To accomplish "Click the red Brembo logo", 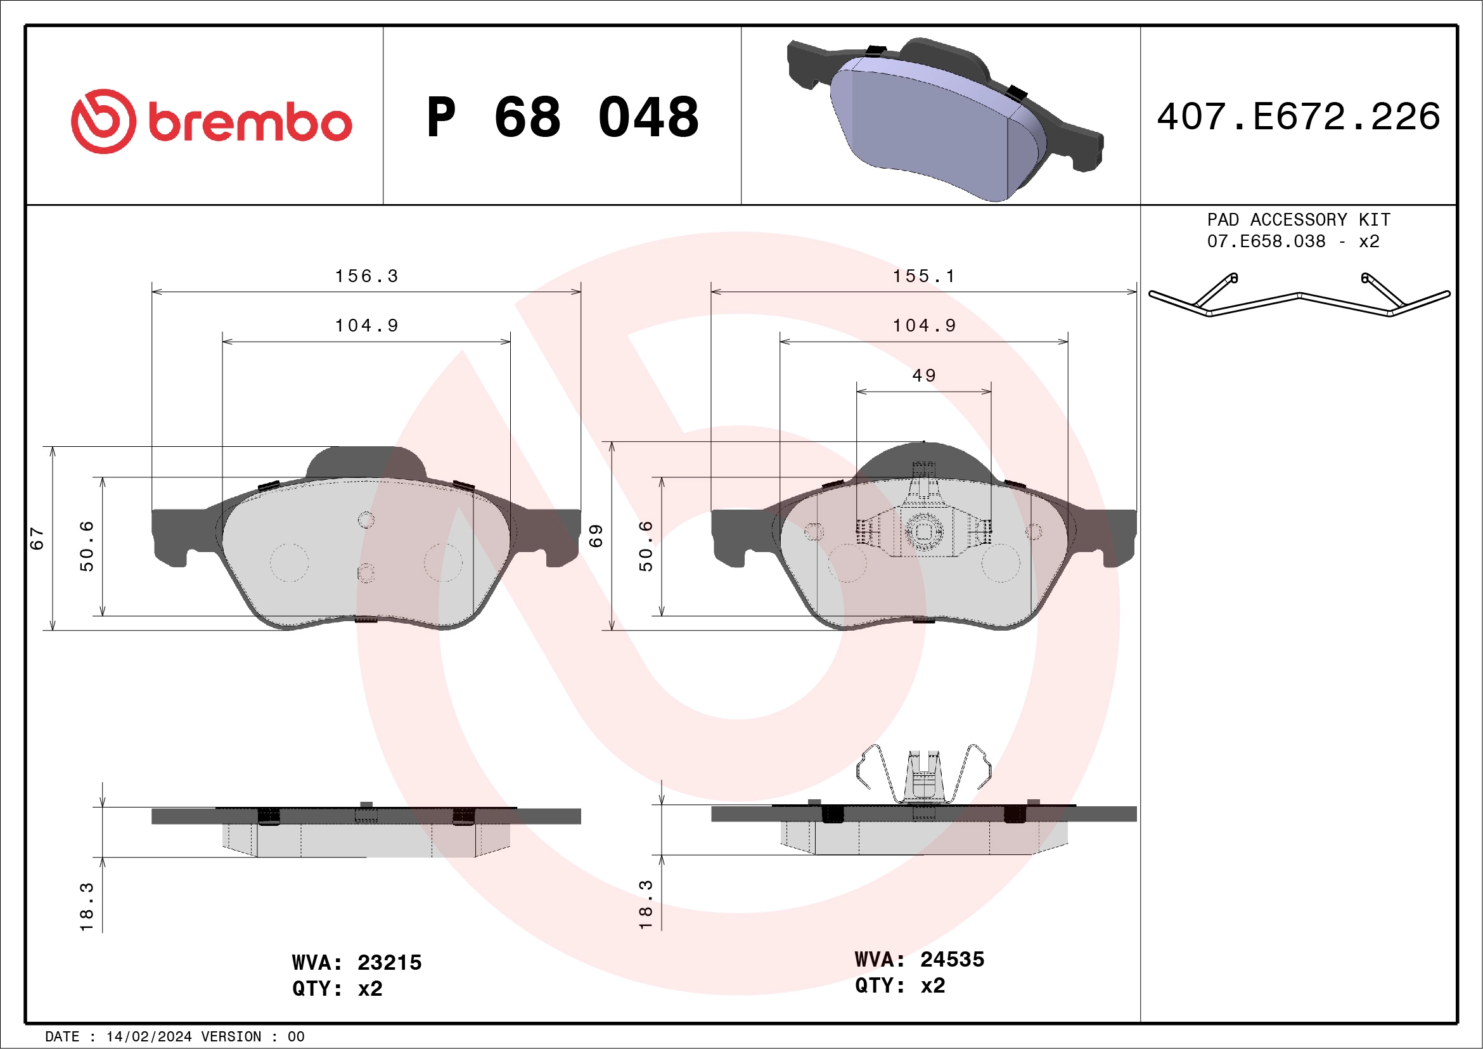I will tap(210, 122).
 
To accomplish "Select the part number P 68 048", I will tap(562, 117).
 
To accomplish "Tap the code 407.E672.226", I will tap(1299, 117).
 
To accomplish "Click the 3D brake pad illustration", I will tap(943, 120).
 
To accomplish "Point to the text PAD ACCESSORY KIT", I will tap(1299, 219).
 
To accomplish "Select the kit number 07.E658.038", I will tap(1266, 241).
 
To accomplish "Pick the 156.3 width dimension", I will tap(366, 276).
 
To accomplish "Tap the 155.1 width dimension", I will tap(923, 276).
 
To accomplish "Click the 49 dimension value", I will tap(923, 375).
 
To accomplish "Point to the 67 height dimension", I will tap(37, 537).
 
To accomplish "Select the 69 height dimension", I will tap(596, 536).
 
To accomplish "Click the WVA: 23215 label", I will tap(357, 962).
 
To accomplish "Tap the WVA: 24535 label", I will tap(919, 959).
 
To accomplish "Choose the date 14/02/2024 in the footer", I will tap(148, 1037).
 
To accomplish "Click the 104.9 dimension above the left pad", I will tap(366, 326).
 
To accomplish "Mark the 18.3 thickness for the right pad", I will tap(646, 904).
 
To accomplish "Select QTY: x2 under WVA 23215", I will tap(337, 988).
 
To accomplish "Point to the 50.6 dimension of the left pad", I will tap(87, 546).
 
